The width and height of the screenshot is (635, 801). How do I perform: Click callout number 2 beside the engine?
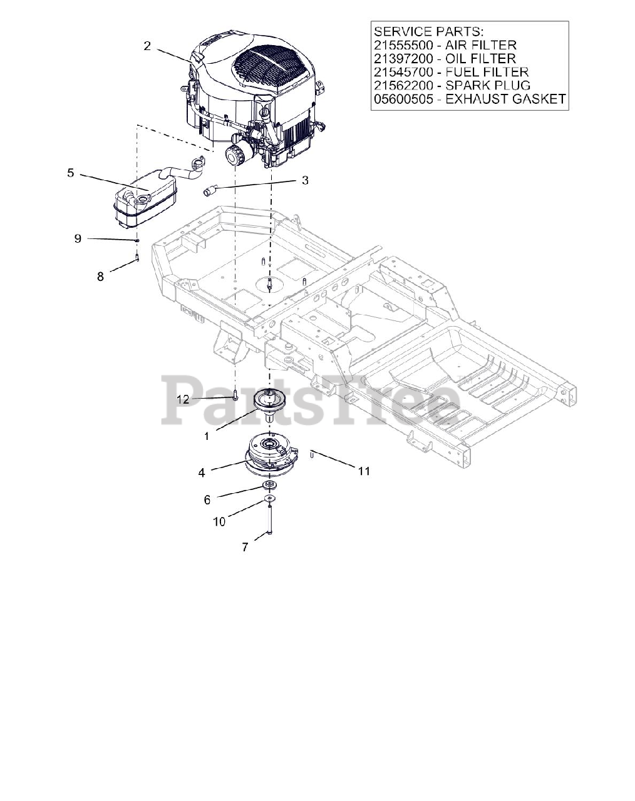[x=147, y=46]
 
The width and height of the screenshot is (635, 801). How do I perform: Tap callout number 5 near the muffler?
[x=71, y=173]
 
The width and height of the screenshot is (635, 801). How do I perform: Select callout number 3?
[x=305, y=180]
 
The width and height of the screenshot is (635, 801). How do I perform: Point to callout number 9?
[x=78, y=238]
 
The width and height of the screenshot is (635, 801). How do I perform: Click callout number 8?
[x=100, y=276]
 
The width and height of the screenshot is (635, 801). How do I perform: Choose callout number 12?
[x=182, y=399]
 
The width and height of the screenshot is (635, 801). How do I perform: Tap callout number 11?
[x=364, y=471]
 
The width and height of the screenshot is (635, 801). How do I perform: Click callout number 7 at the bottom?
[x=245, y=547]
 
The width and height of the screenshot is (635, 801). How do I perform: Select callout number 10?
[x=219, y=521]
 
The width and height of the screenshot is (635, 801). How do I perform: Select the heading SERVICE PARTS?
[x=427, y=31]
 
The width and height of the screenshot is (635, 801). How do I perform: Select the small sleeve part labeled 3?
[x=210, y=190]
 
